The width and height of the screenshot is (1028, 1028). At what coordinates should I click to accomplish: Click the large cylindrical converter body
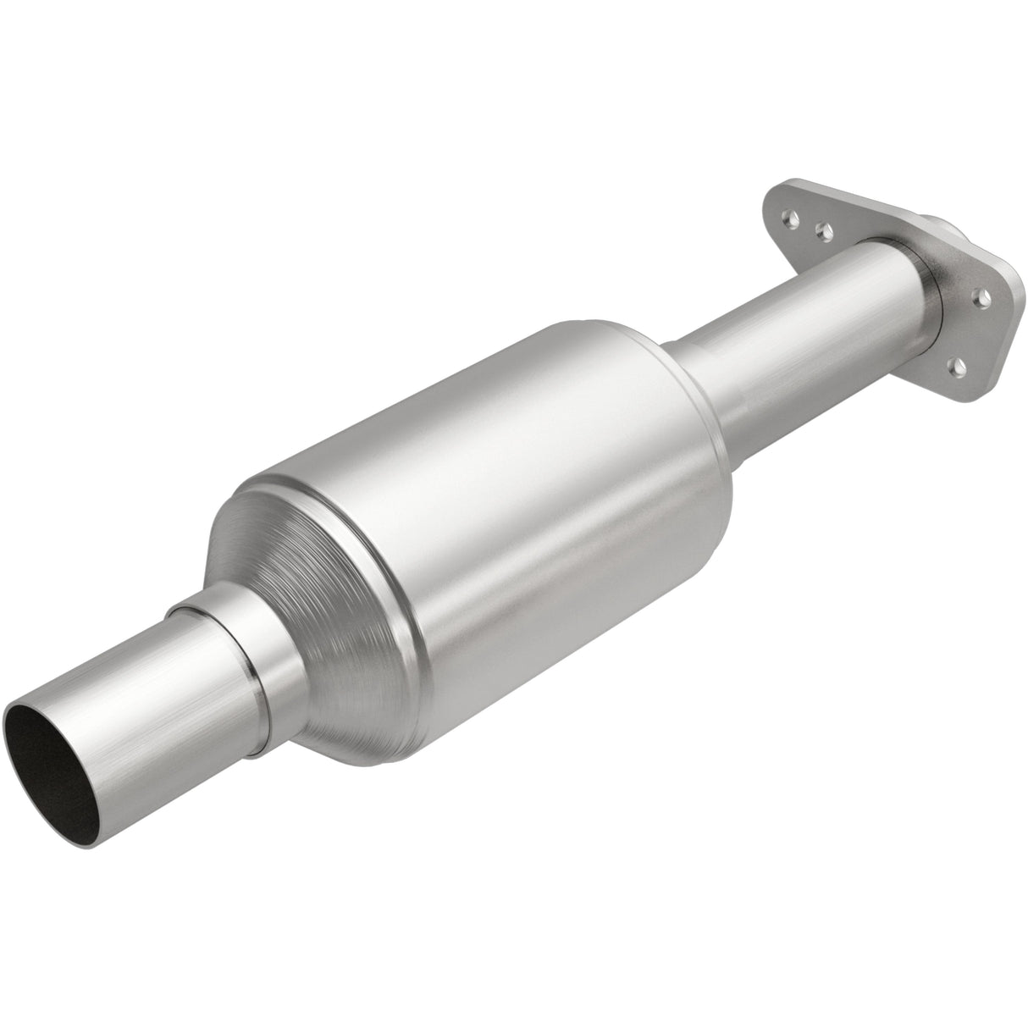(x=508, y=474)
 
